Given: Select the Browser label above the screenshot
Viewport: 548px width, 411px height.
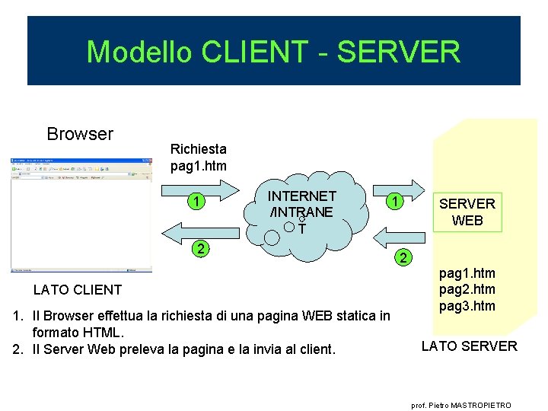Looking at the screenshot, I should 80,134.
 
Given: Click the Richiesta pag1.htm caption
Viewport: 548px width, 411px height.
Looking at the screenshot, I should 198,157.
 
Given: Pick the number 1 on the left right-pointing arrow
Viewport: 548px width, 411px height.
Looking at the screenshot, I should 196,202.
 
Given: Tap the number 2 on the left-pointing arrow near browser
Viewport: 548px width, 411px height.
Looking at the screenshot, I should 199,248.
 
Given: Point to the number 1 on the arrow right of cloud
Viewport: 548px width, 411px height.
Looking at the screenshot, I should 394,202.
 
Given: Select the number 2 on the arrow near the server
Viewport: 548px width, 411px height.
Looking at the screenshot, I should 405,258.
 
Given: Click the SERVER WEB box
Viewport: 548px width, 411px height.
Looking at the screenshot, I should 467,212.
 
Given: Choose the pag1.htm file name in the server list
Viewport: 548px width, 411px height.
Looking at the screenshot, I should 467,272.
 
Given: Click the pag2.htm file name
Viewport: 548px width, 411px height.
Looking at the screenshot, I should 467,289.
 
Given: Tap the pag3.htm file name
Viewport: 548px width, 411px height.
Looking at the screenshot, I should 467,306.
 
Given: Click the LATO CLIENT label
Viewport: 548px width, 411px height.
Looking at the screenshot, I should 78,289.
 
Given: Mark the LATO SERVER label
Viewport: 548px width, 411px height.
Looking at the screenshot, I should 469,346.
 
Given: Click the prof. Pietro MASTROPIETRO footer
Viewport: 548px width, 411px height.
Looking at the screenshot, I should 461,406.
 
